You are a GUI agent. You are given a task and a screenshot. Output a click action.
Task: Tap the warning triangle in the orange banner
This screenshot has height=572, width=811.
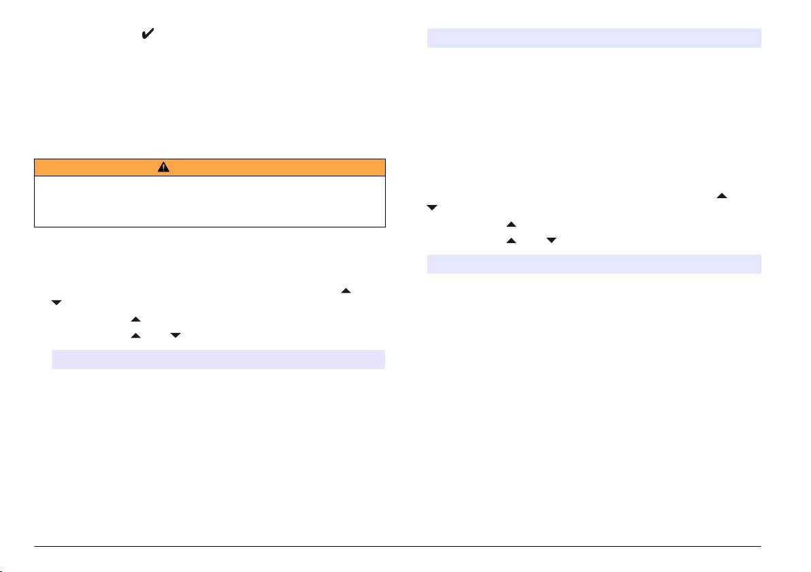click(164, 168)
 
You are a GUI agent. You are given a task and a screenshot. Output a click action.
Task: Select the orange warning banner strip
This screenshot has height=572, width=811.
click(210, 168)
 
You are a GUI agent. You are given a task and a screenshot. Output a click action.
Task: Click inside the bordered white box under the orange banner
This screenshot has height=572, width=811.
click(210, 202)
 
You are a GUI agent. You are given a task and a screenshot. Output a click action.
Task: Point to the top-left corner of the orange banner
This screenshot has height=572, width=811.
click(34, 159)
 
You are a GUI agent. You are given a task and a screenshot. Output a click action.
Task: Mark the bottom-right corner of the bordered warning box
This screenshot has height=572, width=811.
click(385, 226)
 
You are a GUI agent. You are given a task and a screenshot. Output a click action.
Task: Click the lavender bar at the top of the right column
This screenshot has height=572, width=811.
click(593, 38)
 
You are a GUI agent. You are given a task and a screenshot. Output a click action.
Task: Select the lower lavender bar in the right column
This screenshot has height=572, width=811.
click(593, 264)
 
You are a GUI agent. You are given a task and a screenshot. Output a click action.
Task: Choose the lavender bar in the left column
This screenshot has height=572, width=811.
click(218, 359)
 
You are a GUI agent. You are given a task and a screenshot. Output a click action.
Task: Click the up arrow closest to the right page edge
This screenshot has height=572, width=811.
click(722, 196)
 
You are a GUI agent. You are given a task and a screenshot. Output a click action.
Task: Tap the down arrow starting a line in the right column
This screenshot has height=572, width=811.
click(431, 208)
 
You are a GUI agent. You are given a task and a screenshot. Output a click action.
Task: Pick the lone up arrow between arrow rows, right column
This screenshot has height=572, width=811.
click(511, 224)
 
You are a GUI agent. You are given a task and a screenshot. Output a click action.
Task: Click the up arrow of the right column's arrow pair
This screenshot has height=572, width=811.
click(511, 240)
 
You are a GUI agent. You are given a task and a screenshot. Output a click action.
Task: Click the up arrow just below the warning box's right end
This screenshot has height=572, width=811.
click(346, 291)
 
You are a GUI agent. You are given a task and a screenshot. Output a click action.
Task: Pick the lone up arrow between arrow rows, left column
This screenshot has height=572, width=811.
click(135, 319)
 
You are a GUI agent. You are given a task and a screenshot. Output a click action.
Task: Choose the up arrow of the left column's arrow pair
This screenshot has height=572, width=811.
click(135, 336)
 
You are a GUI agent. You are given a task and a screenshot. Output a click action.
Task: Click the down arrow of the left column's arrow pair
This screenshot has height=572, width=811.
click(174, 336)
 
